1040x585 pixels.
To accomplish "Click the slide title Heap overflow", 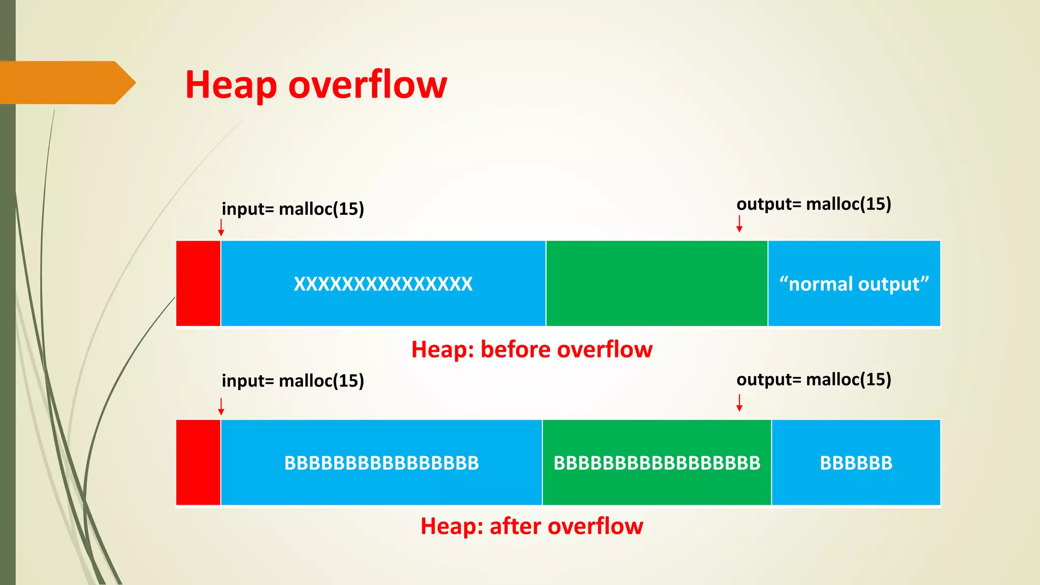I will (x=316, y=85).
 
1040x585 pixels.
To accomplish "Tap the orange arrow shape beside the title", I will (x=66, y=83).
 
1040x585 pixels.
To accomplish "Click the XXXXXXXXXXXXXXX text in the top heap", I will (x=383, y=284).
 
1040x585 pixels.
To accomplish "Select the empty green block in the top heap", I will (x=657, y=283).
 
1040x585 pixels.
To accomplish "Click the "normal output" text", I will (x=854, y=284).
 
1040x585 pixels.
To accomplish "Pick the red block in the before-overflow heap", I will (x=198, y=283).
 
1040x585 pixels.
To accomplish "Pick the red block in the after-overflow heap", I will (x=198, y=463).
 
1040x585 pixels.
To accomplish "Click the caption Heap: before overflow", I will (x=532, y=349).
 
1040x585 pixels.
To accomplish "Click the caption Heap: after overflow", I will (x=532, y=526).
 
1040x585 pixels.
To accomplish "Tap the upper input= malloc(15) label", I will (x=293, y=209).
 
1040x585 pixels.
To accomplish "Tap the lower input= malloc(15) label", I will (x=293, y=380).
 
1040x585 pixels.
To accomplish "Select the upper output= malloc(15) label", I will (x=814, y=204).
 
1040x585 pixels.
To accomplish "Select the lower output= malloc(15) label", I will (x=814, y=379).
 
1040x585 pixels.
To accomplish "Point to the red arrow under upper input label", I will (x=221, y=227).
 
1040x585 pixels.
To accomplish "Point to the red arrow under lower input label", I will (x=221, y=406).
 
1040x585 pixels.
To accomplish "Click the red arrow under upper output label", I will (x=739, y=223).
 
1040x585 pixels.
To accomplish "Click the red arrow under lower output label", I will (x=739, y=402).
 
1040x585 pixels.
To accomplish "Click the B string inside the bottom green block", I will (x=657, y=463).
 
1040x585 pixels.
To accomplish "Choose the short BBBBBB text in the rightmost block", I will (x=856, y=463).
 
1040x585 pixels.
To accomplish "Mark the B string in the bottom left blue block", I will (x=381, y=463).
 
